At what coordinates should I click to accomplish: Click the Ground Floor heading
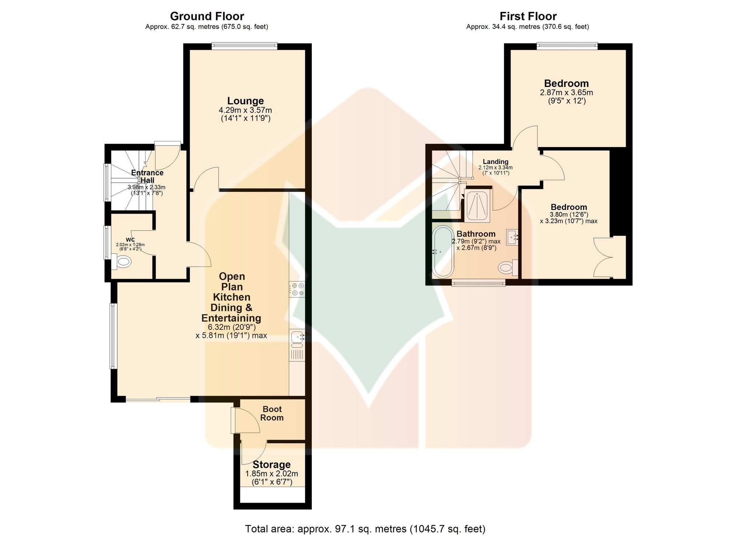[x=207, y=16]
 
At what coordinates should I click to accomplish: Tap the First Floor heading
[x=528, y=16]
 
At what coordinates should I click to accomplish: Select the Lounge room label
[x=245, y=101]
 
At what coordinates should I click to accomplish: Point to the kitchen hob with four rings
[x=297, y=289]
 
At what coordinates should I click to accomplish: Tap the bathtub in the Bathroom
[x=443, y=252]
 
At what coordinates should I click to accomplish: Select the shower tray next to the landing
[x=478, y=206]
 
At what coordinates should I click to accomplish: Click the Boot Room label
[x=272, y=413]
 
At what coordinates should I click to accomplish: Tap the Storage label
[x=272, y=465]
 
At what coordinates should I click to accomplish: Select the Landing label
[x=496, y=161]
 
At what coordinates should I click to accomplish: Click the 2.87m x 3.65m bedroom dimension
[x=566, y=92]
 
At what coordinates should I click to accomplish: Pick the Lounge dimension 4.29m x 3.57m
[x=245, y=110]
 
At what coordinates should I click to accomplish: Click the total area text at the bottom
[x=365, y=529]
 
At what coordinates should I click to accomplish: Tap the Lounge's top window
[x=244, y=46]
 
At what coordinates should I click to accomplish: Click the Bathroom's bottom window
[x=479, y=283]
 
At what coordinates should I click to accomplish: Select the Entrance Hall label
[x=147, y=176]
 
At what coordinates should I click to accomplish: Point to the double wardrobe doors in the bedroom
[x=603, y=257]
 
